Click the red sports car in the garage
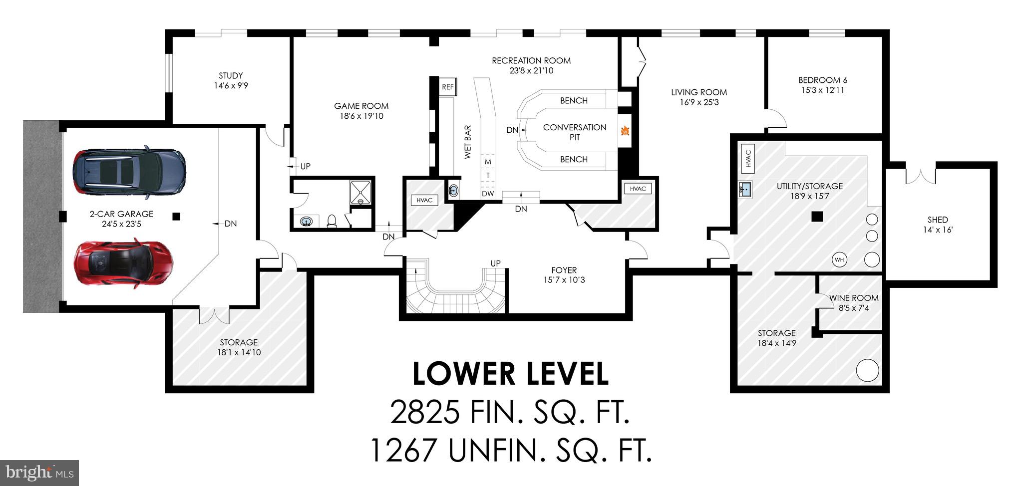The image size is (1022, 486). pos(124,263)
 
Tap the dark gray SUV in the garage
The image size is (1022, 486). pos(129,172)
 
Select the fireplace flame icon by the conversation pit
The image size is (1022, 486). pos(625,131)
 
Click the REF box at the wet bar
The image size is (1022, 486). pos(448,87)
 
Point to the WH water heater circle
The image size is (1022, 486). pos(839,259)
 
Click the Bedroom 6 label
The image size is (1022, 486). pos(822,80)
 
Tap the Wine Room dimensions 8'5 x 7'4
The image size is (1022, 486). pos(854,308)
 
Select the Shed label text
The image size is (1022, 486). pos(938,220)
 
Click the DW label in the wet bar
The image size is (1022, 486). pos(488,194)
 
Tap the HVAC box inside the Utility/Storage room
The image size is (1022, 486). pos(748,159)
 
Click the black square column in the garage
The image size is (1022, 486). pos(176,216)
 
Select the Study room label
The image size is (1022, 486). pos(231,76)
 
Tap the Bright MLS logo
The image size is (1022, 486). pos(39,472)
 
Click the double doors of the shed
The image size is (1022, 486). pos(920,176)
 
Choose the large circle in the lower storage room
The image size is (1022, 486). pos(868,370)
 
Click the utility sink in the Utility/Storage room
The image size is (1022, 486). pos(745,190)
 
